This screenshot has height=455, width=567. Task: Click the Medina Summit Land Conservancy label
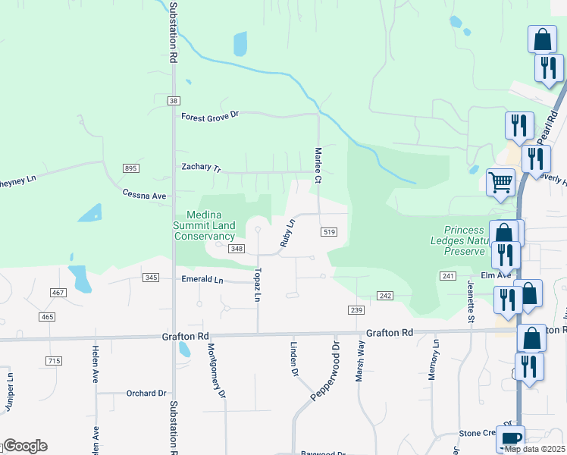[205, 225]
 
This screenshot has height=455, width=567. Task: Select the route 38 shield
[174, 101]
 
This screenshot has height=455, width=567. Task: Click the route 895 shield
[131, 168]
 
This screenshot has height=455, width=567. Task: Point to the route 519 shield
[328, 231]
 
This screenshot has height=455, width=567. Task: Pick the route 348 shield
[237, 249]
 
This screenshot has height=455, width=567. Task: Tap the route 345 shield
[151, 278]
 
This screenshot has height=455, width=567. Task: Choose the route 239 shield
[357, 309]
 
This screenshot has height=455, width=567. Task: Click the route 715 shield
[53, 361]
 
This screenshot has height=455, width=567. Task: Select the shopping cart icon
[500, 182]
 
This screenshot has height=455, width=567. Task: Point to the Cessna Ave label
[144, 195]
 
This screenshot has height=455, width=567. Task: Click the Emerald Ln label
[202, 280]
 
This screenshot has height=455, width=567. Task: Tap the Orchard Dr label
[146, 394]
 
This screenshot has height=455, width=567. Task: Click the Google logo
[25, 446]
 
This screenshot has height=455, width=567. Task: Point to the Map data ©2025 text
[535, 449]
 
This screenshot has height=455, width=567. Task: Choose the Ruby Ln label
[287, 233]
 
